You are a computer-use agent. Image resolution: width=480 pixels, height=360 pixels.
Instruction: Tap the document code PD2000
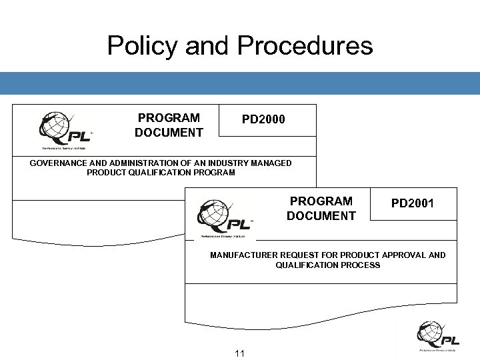tap(263, 119)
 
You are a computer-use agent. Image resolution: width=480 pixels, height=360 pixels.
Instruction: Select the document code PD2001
tap(412, 203)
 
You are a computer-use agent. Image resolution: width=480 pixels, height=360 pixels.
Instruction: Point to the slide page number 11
tap(241, 353)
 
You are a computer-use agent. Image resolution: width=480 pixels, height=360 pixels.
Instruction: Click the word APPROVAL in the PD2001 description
tap(408, 255)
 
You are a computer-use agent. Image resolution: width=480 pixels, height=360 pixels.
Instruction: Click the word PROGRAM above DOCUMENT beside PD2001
tap(321, 201)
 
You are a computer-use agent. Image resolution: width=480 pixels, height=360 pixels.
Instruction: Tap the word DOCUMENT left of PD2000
tap(169, 133)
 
